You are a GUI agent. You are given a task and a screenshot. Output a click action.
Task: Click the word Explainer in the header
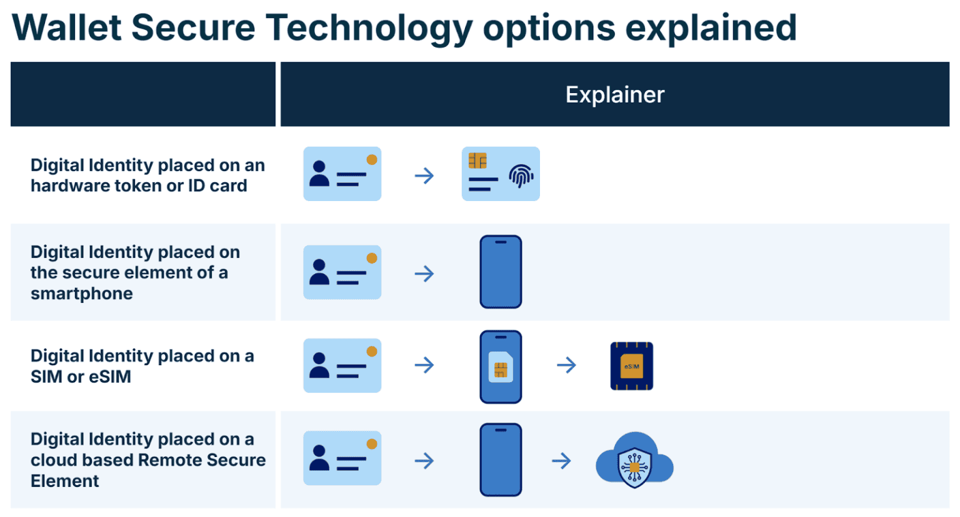click(x=614, y=95)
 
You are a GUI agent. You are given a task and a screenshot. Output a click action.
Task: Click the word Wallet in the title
click(x=67, y=28)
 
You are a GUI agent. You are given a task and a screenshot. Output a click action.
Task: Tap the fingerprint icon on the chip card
click(x=521, y=176)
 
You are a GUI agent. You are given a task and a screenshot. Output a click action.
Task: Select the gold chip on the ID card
click(x=477, y=161)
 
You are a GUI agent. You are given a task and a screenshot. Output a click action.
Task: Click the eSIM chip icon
click(x=631, y=366)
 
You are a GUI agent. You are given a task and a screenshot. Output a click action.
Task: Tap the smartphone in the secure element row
click(x=501, y=272)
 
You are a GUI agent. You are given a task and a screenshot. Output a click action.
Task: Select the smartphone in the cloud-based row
click(x=501, y=460)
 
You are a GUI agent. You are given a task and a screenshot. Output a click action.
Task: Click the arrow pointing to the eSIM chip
click(x=566, y=365)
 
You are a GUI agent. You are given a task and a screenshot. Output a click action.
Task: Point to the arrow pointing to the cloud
click(x=562, y=461)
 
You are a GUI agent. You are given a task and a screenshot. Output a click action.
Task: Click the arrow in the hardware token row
click(x=424, y=176)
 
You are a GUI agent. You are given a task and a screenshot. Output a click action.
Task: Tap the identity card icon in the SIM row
click(x=342, y=366)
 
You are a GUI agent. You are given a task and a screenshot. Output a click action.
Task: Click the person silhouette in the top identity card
click(x=319, y=174)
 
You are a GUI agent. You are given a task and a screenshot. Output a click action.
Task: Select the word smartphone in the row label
click(x=82, y=293)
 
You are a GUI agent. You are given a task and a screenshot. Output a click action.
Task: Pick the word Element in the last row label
click(x=65, y=481)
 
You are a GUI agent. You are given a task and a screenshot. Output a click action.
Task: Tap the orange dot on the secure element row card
click(x=372, y=258)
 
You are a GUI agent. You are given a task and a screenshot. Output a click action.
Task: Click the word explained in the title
click(x=711, y=28)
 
